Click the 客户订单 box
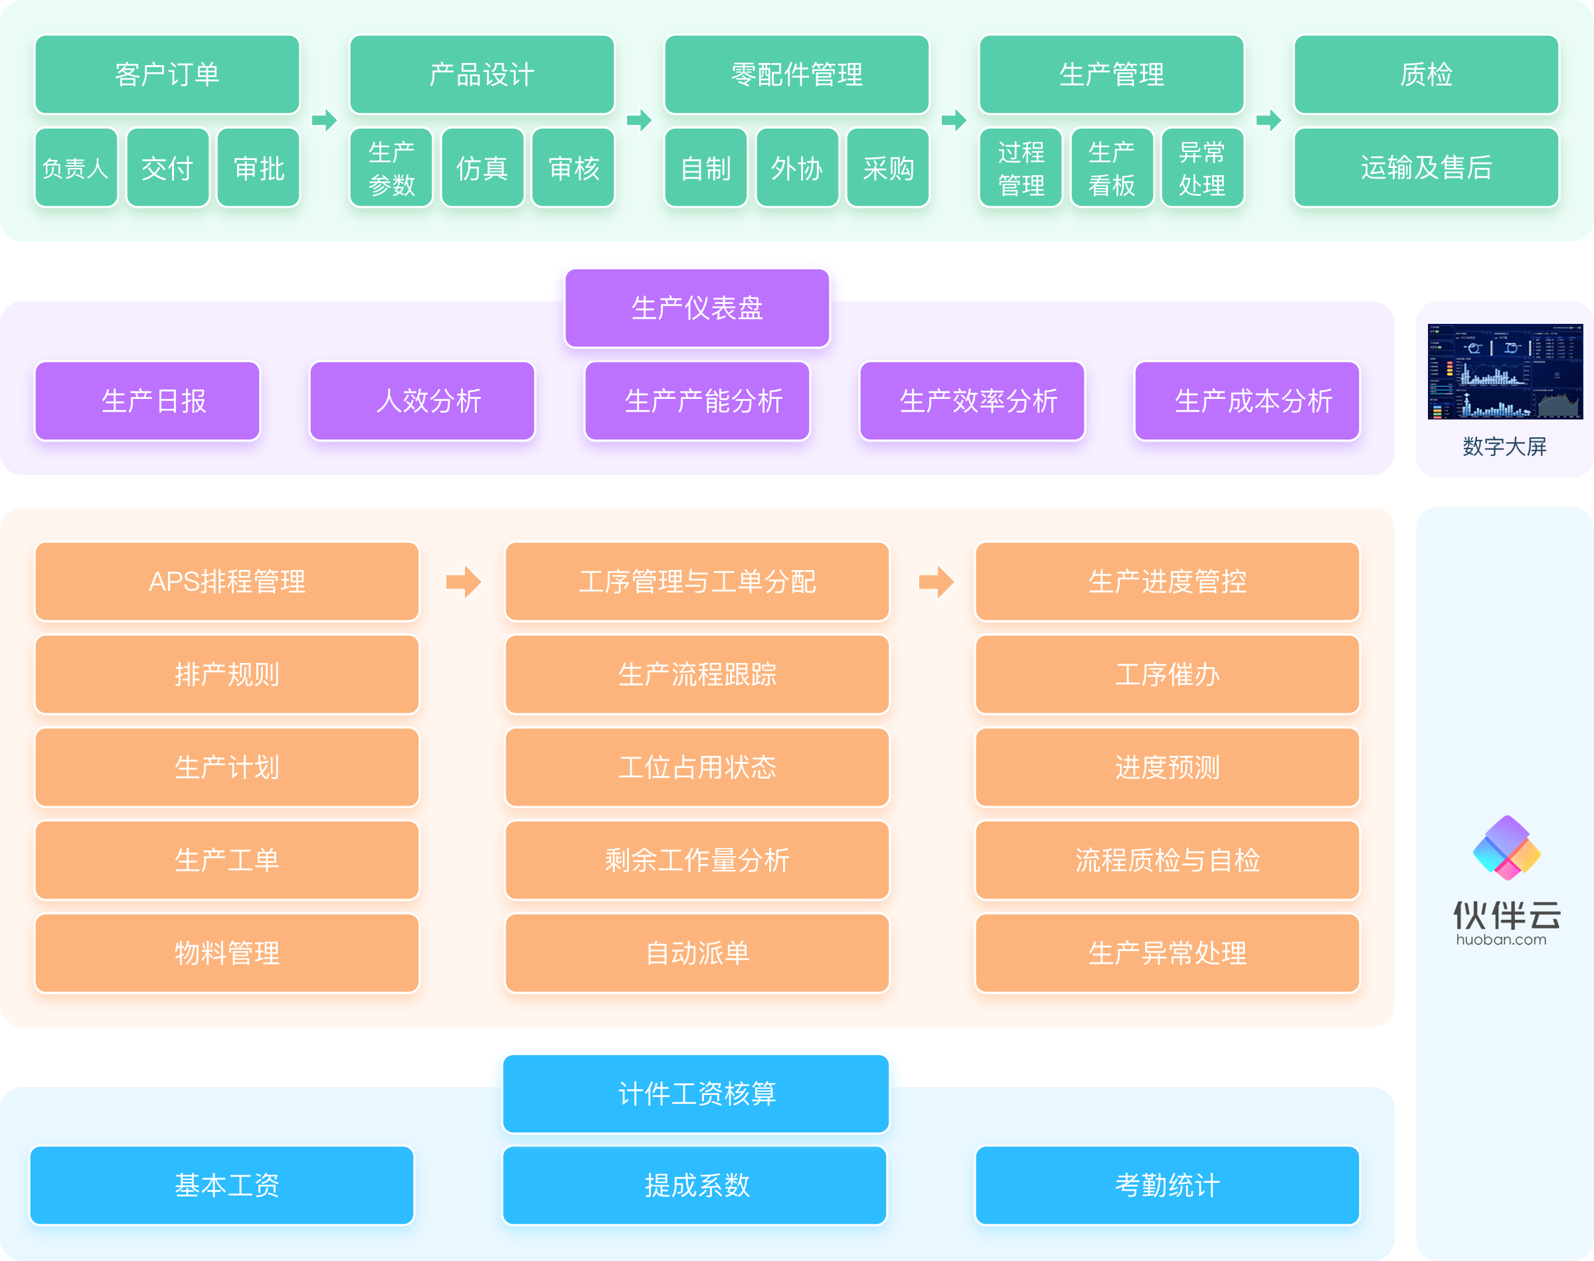coord(167,74)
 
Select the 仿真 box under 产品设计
coord(482,169)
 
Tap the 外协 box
coord(797,169)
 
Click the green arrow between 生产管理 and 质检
coord(1269,119)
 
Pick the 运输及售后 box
coord(1425,169)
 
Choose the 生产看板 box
coord(1112,169)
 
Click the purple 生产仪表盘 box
coord(697,308)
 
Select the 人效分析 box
coord(422,401)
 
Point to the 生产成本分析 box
coord(1247,401)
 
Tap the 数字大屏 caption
coord(1504,447)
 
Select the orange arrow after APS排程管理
coord(463,582)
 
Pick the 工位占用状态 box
coord(697,768)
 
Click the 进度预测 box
coord(1167,768)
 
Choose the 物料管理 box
coord(226,953)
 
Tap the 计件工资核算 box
coord(697,1093)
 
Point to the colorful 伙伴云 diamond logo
coord(1506,848)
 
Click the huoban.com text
coord(1501,940)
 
